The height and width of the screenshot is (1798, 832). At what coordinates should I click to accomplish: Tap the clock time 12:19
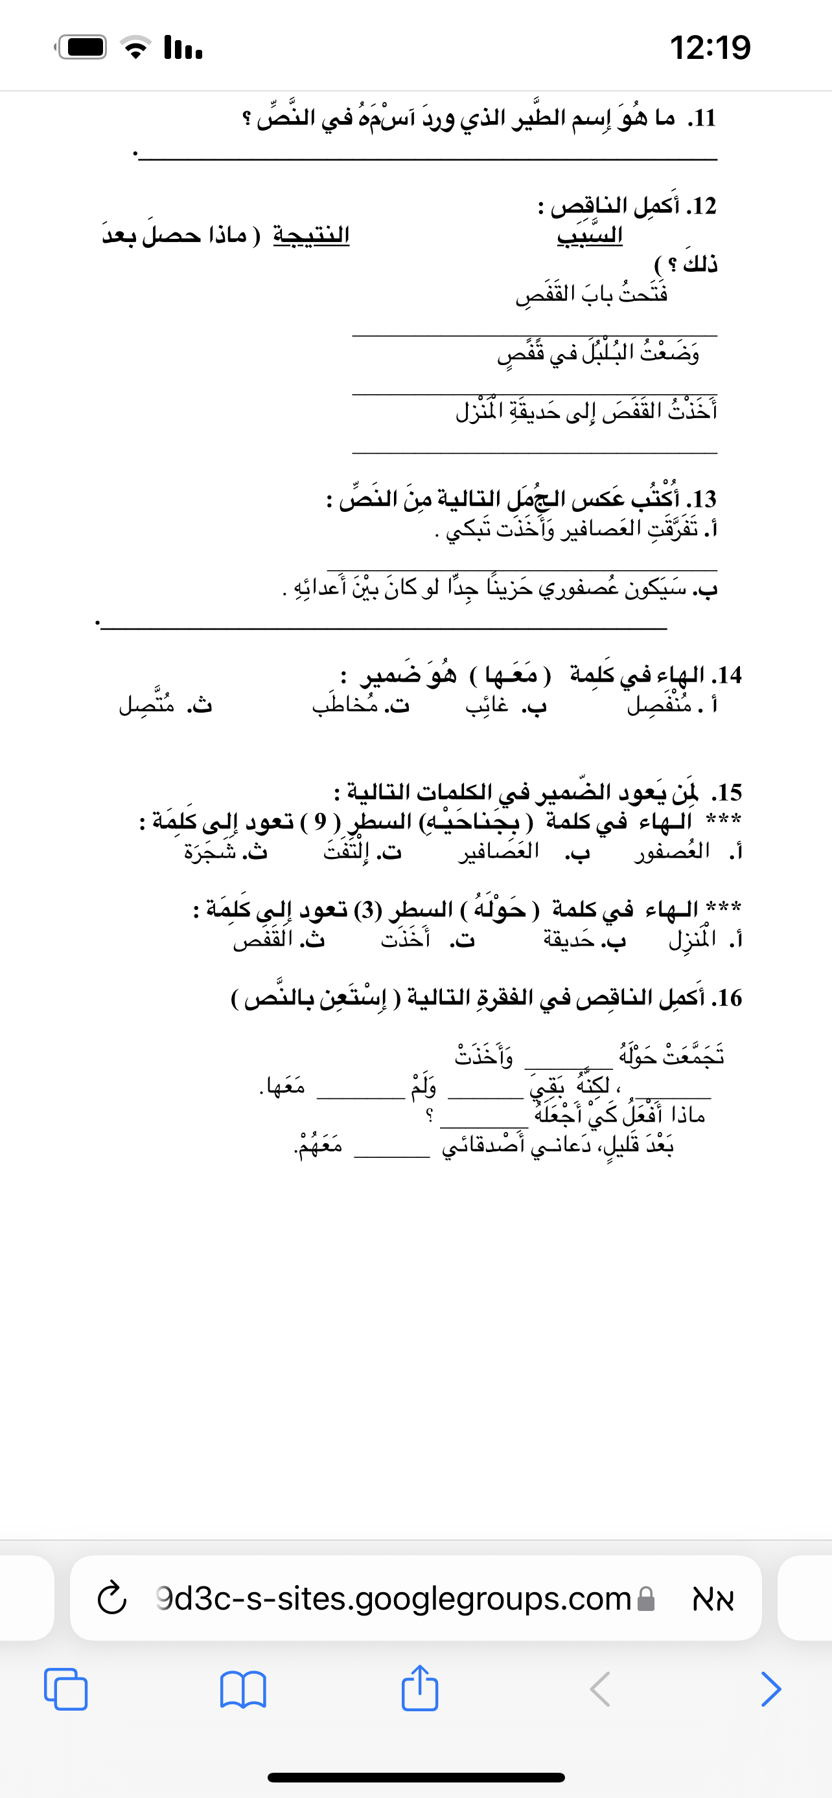(710, 47)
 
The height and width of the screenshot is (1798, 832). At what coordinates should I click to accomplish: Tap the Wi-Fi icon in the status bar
(136, 47)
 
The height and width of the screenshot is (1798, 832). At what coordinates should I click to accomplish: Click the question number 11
(701, 118)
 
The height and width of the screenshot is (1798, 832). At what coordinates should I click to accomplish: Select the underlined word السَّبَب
(590, 234)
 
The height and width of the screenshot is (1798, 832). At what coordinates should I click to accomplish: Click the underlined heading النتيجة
(311, 234)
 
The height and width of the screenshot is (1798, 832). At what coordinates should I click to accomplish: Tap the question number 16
(726, 998)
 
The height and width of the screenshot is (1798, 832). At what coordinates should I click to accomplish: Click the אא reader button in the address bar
(713, 1599)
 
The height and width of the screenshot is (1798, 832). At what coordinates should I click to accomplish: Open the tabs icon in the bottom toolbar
(65, 1689)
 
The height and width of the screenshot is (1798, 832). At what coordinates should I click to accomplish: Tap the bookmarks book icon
(242, 1689)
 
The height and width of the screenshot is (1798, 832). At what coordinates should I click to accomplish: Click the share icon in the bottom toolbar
(420, 1688)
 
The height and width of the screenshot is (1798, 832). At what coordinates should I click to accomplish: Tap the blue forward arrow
(770, 1689)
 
